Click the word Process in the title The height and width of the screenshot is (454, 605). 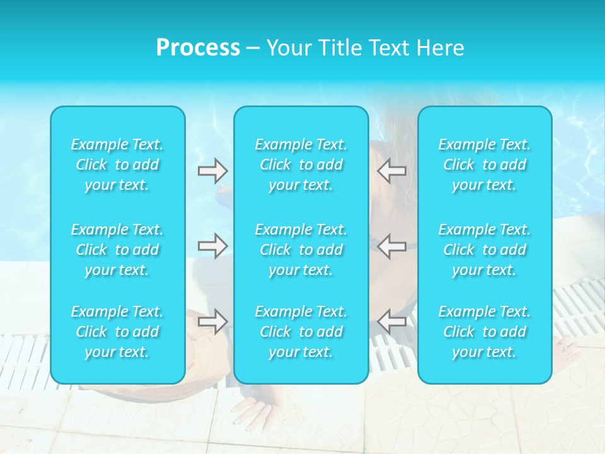click(198, 48)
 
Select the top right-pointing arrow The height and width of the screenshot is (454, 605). click(212, 170)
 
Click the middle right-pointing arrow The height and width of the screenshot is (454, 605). click(212, 245)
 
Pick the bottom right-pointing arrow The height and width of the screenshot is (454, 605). click(212, 322)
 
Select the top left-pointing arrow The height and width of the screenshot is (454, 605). click(391, 170)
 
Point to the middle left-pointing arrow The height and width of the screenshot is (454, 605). click(391, 245)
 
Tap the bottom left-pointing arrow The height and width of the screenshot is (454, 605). click(391, 322)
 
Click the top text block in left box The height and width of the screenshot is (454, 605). click(117, 165)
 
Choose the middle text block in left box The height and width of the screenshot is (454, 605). click(117, 250)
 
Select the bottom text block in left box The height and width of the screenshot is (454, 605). click(117, 332)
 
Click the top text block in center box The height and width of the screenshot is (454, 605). click(301, 165)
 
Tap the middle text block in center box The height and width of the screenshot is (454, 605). click(301, 250)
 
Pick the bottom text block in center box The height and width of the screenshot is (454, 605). click(301, 332)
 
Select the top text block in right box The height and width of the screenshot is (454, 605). click(485, 165)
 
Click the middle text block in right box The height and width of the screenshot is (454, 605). click(485, 250)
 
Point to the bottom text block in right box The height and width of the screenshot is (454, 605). click(485, 332)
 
